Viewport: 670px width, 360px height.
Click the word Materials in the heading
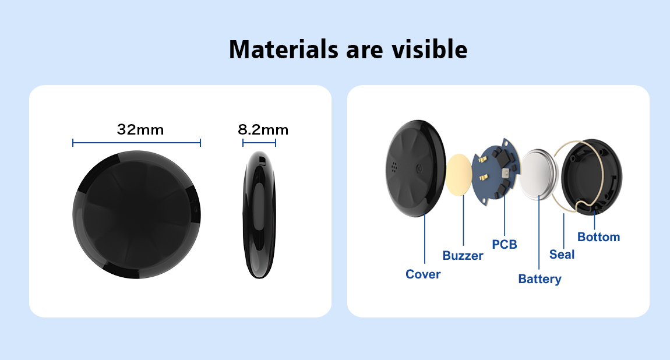tap(284, 49)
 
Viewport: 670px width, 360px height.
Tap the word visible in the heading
tap(430, 49)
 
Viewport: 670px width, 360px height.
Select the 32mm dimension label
tap(140, 129)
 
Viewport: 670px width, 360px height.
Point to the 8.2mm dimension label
tap(263, 129)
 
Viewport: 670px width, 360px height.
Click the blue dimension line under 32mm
tap(136, 143)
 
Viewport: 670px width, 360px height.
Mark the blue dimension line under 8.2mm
tap(259, 143)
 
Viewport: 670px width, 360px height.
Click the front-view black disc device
tap(136, 214)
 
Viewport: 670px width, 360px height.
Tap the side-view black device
tap(259, 215)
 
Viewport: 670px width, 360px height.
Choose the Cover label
tap(422, 274)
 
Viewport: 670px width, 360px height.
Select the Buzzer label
tap(463, 255)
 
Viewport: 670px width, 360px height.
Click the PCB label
tap(504, 244)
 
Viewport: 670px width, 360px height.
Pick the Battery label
tap(539, 279)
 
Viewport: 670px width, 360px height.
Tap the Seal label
tap(562, 255)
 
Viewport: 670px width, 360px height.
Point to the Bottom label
tap(598, 237)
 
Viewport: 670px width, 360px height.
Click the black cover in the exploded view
tap(415, 168)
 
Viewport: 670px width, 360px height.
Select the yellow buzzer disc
tap(459, 174)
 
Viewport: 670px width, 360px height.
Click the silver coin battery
tap(538, 174)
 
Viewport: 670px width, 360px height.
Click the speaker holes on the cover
tap(393, 166)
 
